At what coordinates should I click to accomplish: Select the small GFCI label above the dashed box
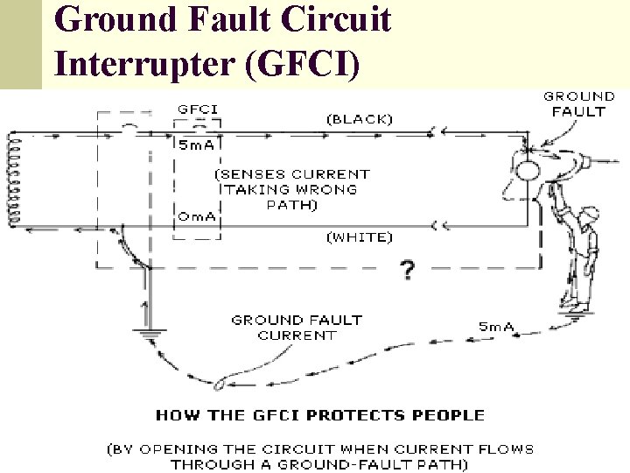pyautogui.click(x=198, y=109)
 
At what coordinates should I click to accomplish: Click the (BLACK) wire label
pyautogui.click(x=360, y=118)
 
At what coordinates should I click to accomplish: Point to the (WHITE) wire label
pyautogui.click(x=360, y=236)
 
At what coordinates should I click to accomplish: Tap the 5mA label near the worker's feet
pyautogui.click(x=496, y=327)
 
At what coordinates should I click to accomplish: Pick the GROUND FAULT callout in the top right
pyautogui.click(x=579, y=103)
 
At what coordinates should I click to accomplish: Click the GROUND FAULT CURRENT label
pyautogui.click(x=296, y=328)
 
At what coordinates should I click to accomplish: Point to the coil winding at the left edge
pyautogui.click(x=13, y=180)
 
